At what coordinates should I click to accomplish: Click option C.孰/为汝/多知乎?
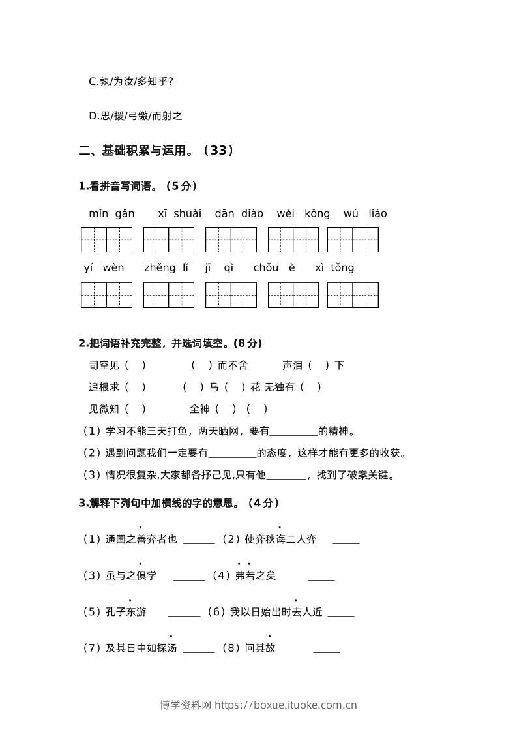(131, 82)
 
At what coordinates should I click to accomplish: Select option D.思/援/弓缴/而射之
(136, 116)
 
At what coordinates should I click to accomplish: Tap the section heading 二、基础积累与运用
(156, 151)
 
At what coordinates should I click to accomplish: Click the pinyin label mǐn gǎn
(111, 213)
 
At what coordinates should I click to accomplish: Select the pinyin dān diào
(239, 213)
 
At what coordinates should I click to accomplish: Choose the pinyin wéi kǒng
(303, 213)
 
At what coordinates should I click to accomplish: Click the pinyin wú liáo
(365, 213)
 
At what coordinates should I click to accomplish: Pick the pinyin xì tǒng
(334, 267)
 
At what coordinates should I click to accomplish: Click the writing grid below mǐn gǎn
(106, 239)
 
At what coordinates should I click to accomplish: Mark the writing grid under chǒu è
(293, 295)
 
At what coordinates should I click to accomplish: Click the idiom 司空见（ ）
(117, 365)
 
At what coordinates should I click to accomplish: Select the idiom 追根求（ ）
(117, 387)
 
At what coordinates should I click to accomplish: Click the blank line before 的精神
(293, 431)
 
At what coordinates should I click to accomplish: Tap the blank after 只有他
(286, 475)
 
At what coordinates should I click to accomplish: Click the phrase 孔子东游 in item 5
(126, 612)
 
